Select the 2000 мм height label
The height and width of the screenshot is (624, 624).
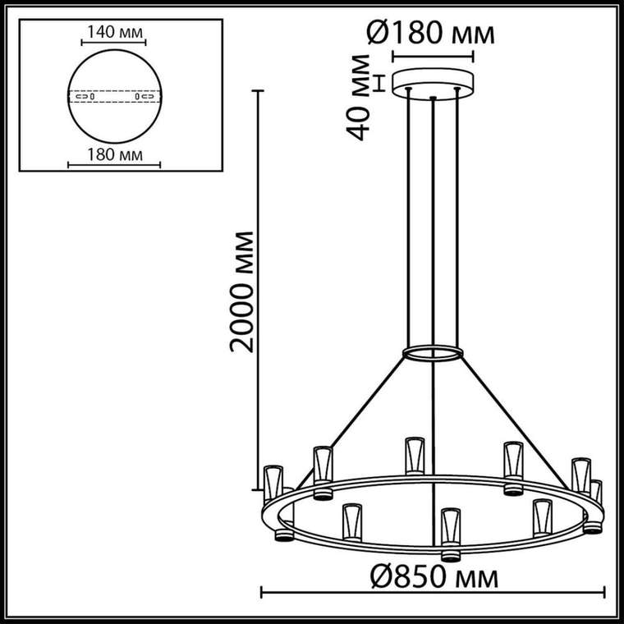241,291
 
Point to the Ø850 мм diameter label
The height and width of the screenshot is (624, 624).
434,577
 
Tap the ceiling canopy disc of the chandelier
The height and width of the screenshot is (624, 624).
433,82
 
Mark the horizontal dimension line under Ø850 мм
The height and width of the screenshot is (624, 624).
434,591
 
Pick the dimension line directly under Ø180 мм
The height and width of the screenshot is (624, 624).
433,58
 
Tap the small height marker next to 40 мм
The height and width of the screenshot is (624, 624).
379,82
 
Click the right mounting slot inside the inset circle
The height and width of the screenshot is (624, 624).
143,97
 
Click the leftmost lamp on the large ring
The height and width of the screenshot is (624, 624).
273,484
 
